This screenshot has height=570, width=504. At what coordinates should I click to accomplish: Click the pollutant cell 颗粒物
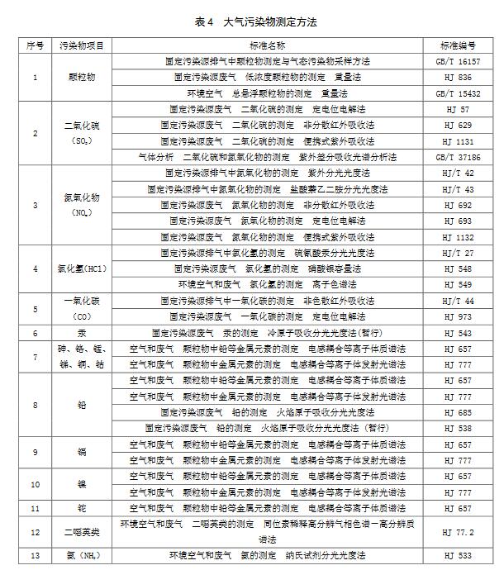(x=82, y=77)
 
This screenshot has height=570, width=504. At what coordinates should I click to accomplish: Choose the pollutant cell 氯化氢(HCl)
(x=82, y=269)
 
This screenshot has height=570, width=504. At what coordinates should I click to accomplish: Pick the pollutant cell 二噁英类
(x=82, y=533)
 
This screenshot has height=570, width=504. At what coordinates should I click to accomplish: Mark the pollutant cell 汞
(x=82, y=332)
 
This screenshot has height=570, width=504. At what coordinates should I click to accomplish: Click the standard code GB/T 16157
(x=464, y=61)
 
